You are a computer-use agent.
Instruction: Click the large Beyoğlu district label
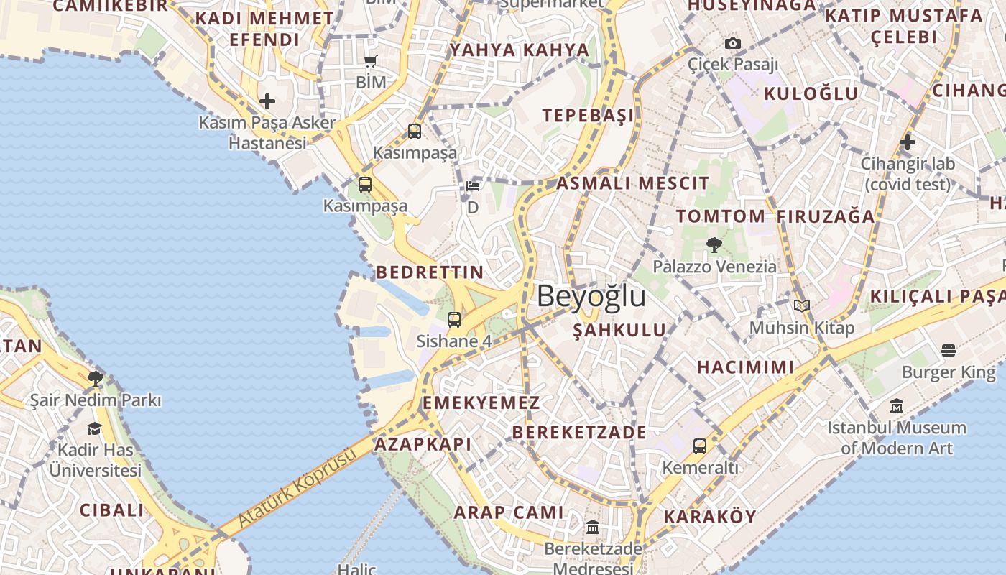[x=591, y=296]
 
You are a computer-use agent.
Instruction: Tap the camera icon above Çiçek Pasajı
[x=732, y=44]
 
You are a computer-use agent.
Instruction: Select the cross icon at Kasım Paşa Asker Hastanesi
[x=267, y=101]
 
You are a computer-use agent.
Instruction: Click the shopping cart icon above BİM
[x=371, y=62]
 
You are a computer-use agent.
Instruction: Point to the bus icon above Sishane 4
[x=454, y=320]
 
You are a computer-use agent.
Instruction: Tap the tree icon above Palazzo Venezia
[x=714, y=245]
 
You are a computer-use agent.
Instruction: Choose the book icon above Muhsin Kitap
[x=802, y=306]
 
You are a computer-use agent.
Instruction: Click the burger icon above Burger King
[x=949, y=351]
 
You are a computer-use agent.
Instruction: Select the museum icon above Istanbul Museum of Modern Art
[x=896, y=406]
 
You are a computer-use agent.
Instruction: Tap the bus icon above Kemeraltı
[x=700, y=446]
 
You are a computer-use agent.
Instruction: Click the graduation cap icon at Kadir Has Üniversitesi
[x=94, y=429]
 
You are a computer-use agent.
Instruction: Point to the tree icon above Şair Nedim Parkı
[x=95, y=379]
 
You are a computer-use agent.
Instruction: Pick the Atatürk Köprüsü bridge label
[x=297, y=487]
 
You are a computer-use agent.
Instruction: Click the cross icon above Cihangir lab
[x=908, y=142]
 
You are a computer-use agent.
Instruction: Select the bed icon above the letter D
[x=472, y=187]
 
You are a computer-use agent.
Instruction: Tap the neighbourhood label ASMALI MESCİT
[x=632, y=183]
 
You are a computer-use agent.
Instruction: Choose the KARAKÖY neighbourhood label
[x=710, y=517]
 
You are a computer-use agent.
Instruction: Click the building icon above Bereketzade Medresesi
[x=593, y=528]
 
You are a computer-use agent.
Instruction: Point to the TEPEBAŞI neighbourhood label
[x=588, y=116]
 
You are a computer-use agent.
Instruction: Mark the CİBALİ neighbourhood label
[x=111, y=510]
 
